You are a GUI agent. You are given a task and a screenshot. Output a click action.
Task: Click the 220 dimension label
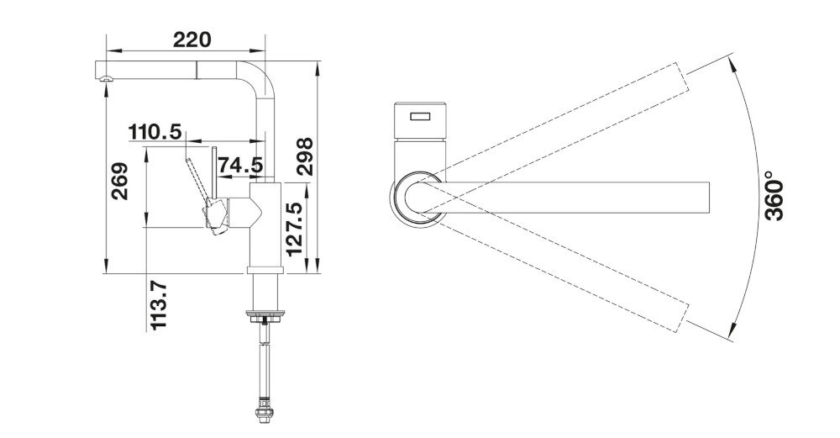[192, 40]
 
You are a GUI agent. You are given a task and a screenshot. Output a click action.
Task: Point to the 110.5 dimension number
[155, 132]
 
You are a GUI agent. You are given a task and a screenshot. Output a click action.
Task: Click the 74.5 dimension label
[241, 166]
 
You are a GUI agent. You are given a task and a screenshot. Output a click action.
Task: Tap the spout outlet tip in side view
[104, 77]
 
